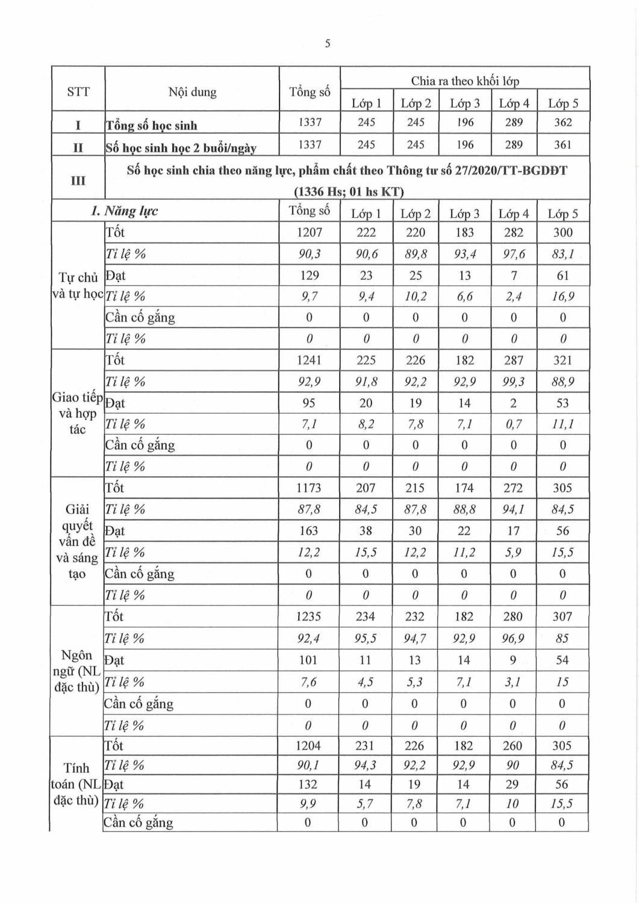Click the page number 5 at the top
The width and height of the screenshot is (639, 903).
(x=327, y=43)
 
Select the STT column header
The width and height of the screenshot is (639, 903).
(x=78, y=92)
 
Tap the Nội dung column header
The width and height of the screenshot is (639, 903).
(x=192, y=92)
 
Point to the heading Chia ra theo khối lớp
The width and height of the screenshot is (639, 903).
(x=464, y=81)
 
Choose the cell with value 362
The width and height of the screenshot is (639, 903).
(x=563, y=122)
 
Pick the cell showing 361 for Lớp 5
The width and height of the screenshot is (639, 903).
(x=563, y=144)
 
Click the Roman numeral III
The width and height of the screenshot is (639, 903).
(x=78, y=180)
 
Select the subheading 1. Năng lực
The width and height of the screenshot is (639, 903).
(x=125, y=211)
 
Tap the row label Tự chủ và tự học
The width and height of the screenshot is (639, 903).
(x=78, y=285)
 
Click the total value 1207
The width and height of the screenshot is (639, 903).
(x=310, y=232)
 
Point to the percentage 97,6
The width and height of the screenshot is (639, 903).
(x=514, y=254)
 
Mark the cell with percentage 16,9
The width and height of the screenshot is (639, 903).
(x=563, y=296)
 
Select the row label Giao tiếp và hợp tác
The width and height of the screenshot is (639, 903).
(x=78, y=413)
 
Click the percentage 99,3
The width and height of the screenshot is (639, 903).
(x=514, y=382)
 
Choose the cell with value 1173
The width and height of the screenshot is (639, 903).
(x=309, y=488)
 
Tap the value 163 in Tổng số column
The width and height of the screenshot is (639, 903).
(x=309, y=530)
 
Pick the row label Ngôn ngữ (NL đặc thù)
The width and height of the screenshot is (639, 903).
(x=77, y=671)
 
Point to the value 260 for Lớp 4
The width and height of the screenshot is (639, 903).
(x=513, y=746)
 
